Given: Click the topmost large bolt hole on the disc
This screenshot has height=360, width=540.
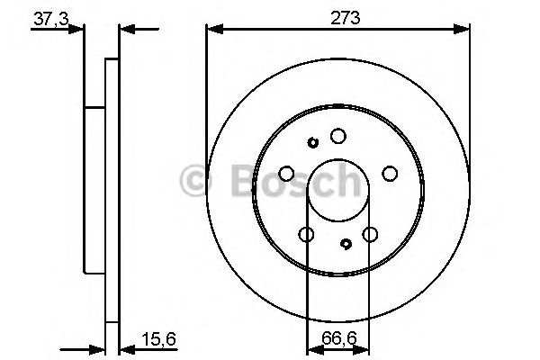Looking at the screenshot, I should tap(337, 136).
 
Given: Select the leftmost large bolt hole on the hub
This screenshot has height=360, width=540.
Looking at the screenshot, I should tap(286, 174).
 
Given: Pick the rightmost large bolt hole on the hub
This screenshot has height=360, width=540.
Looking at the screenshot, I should tap(390, 174).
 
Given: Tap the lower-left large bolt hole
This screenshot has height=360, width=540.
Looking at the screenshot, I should tap(306, 235).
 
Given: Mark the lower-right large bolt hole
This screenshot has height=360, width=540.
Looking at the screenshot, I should tap(369, 235).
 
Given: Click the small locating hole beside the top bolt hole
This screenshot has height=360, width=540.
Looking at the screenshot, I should tap(313, 142).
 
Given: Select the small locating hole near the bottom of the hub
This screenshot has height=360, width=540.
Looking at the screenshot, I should tap(347, 243).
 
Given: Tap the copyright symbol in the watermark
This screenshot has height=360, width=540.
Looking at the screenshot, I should tap(196, 181).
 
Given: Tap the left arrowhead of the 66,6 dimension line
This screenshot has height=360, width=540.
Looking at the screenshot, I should tap(312, 347).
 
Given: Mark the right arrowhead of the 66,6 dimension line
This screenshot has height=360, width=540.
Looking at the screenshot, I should tap(364, 347).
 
